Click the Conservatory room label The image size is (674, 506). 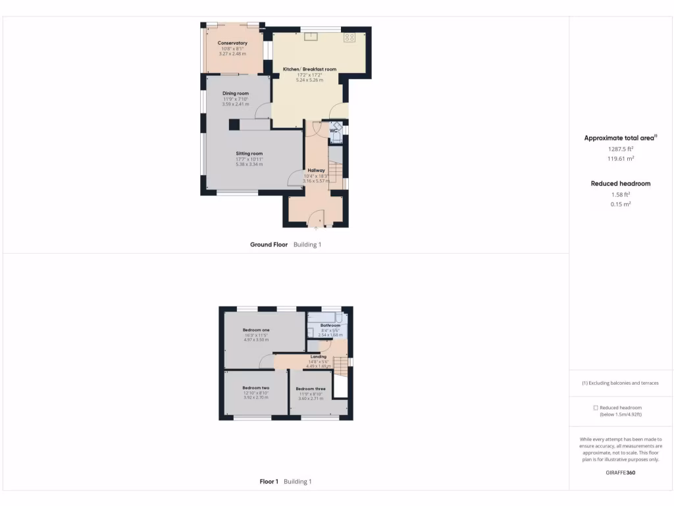232,43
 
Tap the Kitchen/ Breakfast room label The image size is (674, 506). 309,69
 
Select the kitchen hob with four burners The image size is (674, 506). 350,38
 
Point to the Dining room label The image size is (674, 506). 235,94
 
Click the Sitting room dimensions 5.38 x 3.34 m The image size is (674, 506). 249,164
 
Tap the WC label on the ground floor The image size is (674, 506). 333,130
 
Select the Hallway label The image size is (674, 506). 316,171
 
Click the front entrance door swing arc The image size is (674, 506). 317,216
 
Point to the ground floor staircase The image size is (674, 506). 335,173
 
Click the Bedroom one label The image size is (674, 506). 256,330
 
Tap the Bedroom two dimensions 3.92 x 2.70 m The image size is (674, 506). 256,397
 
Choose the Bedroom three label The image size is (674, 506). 311,389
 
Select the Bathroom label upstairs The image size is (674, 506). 330,325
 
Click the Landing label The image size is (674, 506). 319,357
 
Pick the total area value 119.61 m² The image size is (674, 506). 621,159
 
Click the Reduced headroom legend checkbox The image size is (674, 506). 596,408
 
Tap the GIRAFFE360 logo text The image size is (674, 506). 621,472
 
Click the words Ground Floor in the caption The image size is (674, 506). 269,244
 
